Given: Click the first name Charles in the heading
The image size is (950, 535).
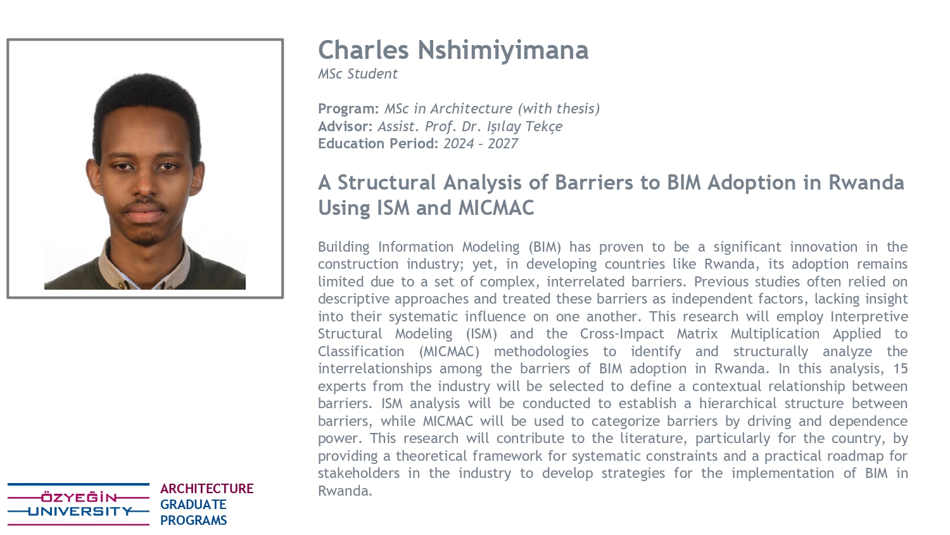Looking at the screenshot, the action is (x=364, y=49).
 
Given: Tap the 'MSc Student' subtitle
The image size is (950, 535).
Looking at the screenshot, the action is (x=358, y=74).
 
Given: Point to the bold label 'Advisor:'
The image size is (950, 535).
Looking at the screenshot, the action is (x=345, y=126).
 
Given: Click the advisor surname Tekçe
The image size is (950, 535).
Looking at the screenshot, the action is (x=543, y=127).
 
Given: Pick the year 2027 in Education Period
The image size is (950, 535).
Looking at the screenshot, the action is (x=503, y=143).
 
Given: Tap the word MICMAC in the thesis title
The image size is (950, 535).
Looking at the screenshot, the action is (x=496, y=208).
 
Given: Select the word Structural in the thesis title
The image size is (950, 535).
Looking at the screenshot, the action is (x=386, y=183).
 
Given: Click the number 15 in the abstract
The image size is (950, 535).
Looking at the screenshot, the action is (x=900, y=368).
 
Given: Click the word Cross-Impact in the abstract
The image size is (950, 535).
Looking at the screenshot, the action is (x=622, y=333).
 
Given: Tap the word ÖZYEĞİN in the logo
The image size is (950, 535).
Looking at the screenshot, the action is (x=79, y=497).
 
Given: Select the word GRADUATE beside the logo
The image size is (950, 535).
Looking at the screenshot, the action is (x=193, y=505).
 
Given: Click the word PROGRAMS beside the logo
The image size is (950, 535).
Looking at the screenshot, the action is (x=193, y=520).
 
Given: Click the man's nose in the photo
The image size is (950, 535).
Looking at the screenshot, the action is (x=144, y=187).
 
